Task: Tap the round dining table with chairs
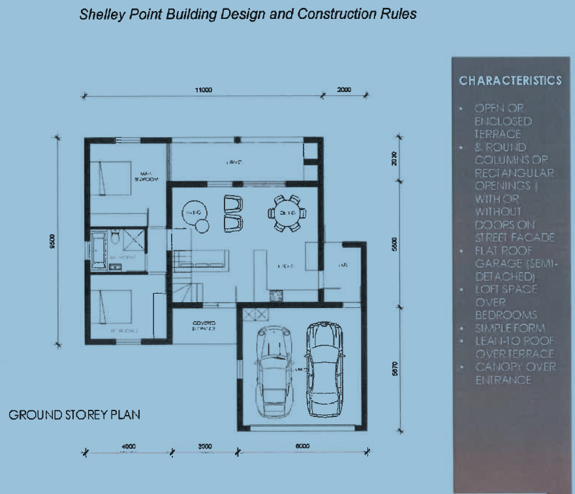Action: [x=285, y=213]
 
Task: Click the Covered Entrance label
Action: [x=204, y=326]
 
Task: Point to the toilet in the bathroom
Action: [x=114, y=239]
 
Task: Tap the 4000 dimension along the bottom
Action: [x=129, y=446]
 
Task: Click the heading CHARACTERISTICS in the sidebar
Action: [x=510, y=81]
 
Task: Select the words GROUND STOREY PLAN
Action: [x=74, y=415]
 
